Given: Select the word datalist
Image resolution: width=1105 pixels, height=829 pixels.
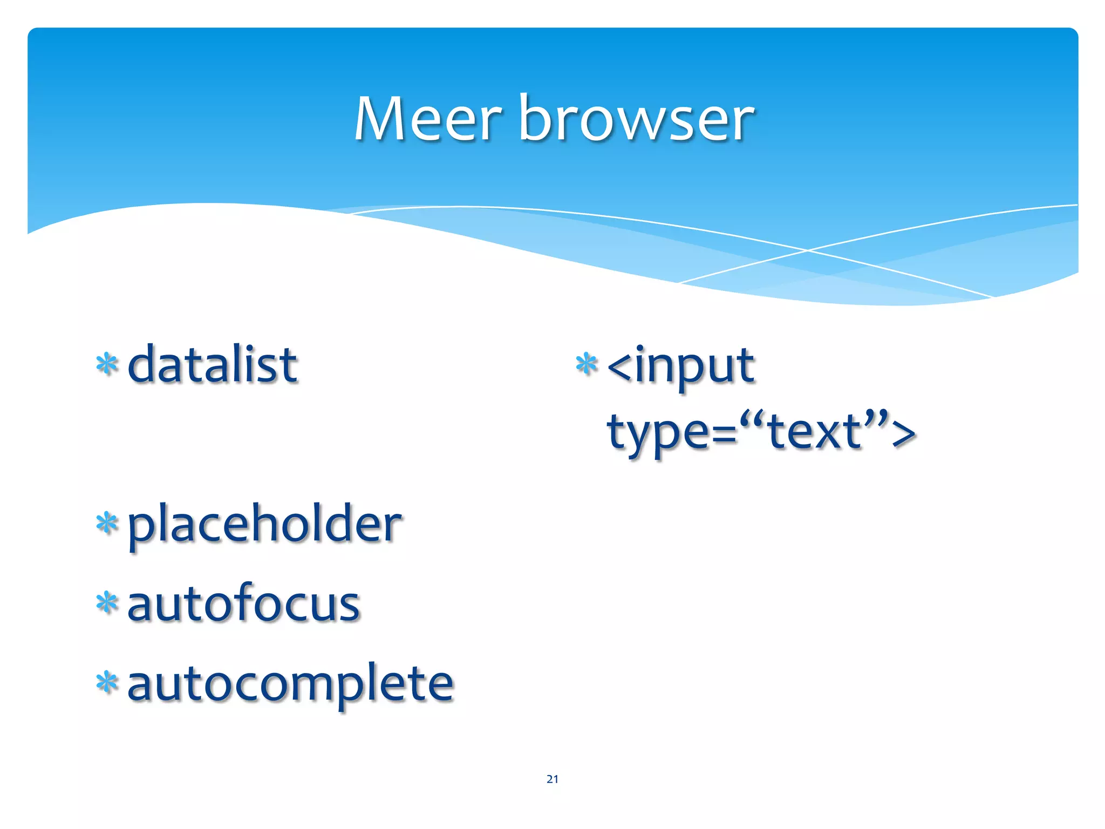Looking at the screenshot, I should [x=212, y=365].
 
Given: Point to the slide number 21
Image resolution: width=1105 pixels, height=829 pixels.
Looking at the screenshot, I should [x=552, y=779].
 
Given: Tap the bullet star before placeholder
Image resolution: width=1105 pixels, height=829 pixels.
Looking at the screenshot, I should [x=107, y=523].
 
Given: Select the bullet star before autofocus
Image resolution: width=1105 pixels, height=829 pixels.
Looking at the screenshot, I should [x=107, y=603].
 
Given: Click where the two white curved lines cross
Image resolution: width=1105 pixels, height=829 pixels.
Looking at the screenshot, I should [x=808, y=250].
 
